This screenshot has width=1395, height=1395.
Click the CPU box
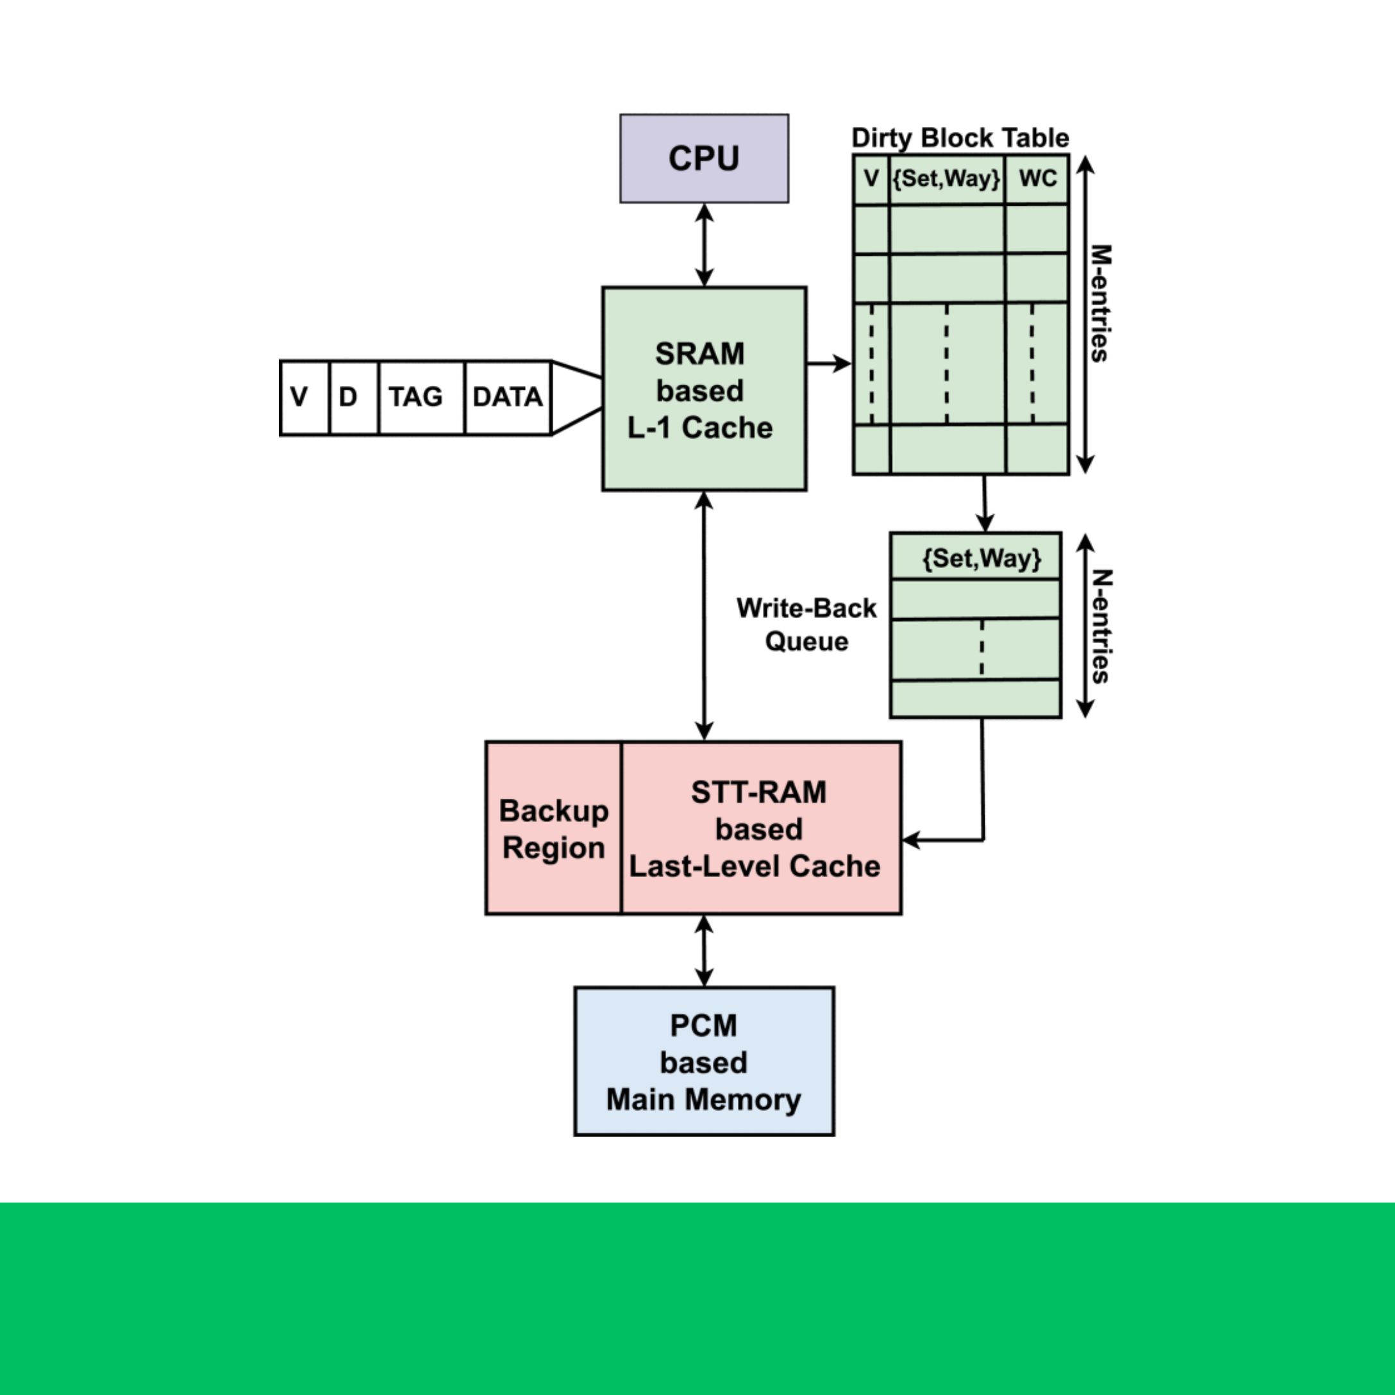704,158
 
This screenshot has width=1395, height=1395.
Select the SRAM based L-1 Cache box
704,388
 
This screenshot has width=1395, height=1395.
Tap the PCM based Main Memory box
704,1062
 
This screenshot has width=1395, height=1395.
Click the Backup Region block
554,828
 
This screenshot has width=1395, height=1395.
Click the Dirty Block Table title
960,137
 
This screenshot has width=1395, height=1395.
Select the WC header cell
1037,178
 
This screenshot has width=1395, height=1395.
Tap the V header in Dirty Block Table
871,178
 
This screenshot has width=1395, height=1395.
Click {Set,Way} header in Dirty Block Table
947,178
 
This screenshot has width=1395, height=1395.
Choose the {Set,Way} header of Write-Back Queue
982,557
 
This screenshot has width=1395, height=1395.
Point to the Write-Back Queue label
806,624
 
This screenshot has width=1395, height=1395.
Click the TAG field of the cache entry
416,397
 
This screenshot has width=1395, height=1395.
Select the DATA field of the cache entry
508,397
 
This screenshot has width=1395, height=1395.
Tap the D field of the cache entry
348,397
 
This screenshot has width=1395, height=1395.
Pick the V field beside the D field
299,397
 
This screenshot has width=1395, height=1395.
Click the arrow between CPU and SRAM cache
704,245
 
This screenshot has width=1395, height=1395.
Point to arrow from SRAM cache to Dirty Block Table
829,363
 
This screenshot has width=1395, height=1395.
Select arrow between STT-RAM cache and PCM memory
704,950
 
